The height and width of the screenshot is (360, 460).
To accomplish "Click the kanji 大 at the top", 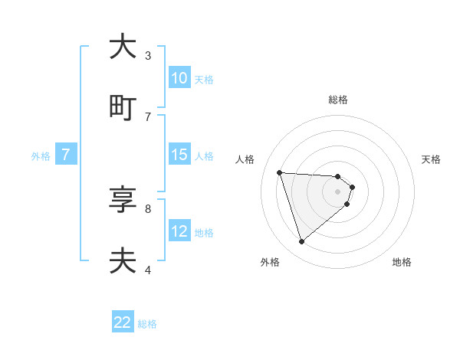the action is pyautogui.click(x=123, y=47).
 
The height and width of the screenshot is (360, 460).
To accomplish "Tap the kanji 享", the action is pyautogui.click(x=123, y=200).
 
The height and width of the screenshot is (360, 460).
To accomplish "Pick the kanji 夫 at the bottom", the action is pyautogui.click(x=123, y=260).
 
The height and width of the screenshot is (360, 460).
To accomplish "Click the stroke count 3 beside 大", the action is pyautogui.click(x=147, y=56).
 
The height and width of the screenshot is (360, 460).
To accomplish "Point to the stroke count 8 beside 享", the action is pyautogui.click(x=147, y=208).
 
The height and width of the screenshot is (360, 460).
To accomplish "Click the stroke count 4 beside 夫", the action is pyautogui.click(x=147, y=270).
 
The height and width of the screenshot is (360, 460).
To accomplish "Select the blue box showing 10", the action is pyautogui.click(x=179, y=78).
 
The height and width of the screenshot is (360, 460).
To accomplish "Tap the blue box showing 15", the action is pyautogui.click(x=179, y=155).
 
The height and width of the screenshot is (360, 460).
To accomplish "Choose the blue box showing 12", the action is pyautogui.click(x=179, y=231).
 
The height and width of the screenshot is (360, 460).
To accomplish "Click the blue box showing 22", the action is pyautogui.click(x=123, y=322).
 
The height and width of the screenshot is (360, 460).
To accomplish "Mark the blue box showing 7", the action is pyautogui.click(x=66, y=155).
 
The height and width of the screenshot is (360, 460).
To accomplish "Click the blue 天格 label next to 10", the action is pyautogui.click(x=204, y=80).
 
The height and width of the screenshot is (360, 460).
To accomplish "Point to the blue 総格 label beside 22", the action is pyautogui.click(x=147, y=324).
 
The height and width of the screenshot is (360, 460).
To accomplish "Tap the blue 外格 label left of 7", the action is pyautogui.click(x=41, y=156).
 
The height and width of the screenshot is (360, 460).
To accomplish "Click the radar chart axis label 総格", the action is pyautogui.click(x=338, y=100).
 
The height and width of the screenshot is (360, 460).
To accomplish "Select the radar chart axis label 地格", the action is pyautogui.click(x=402, y=262).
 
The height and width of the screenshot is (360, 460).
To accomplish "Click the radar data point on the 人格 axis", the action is pyautogui.click(x=280, y=172).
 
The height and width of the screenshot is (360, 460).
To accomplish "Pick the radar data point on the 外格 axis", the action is pyautogui.click(x=301, y=242).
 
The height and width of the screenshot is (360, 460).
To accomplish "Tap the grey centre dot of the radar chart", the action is pyautogui.click(x=338, y=191).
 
